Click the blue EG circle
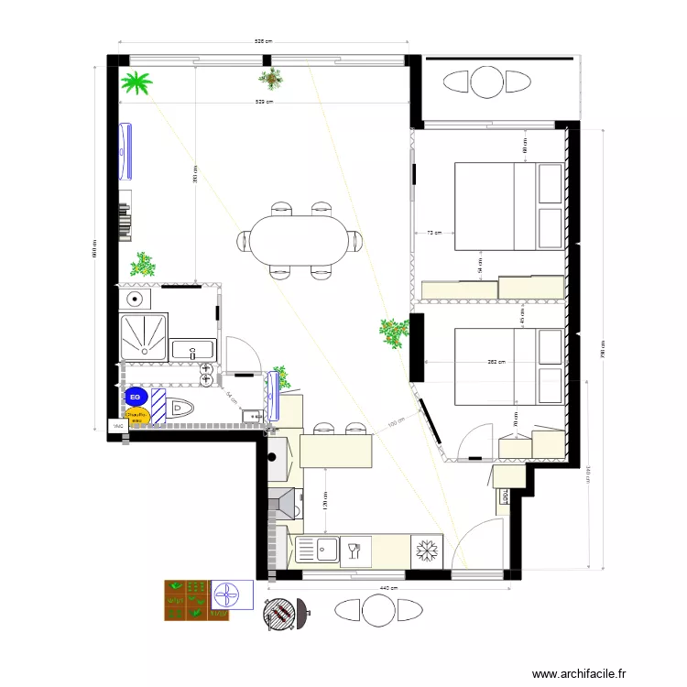point(136,397)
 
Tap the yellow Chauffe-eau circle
point(136,417)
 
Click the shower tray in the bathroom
point(144,336)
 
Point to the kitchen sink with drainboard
point(316,551)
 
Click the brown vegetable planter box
point(186,600)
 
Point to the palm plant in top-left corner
point(137,84)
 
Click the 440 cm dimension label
point(387,587)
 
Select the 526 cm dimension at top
point(264,41)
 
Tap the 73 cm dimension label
point(434,233)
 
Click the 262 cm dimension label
point(496,362)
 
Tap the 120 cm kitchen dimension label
point(325,501)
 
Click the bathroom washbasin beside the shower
point(194,349)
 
